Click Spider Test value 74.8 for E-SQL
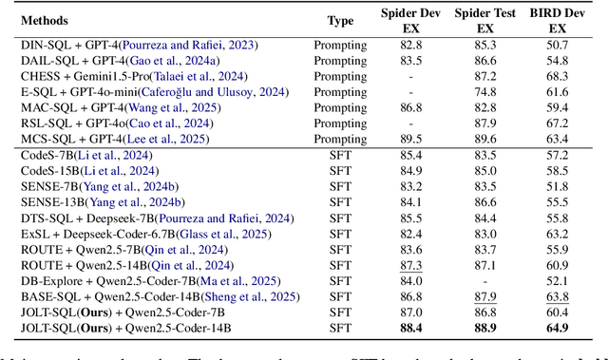(x=484, y=93)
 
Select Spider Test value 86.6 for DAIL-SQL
(x=484, y=61)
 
